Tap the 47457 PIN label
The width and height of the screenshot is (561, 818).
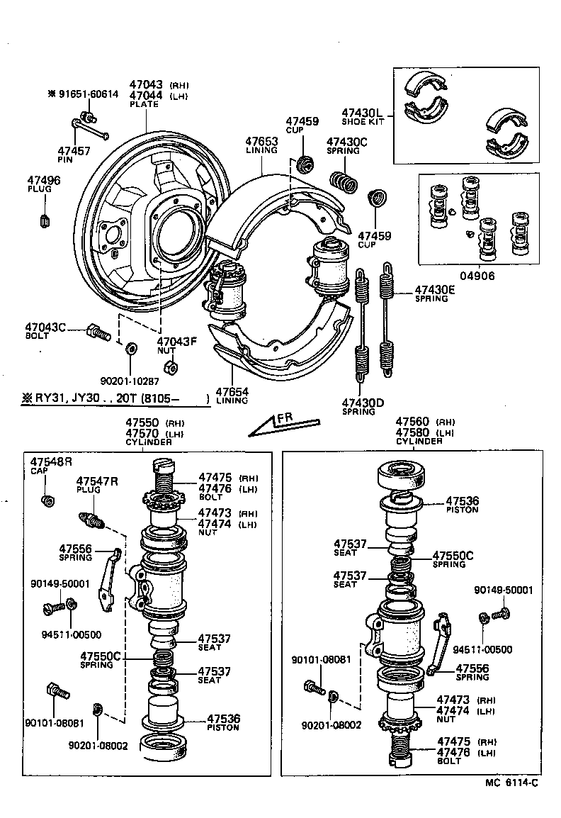coord(74,155)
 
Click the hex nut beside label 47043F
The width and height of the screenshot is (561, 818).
coord(170,367)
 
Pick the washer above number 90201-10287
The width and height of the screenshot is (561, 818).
coord(130,349)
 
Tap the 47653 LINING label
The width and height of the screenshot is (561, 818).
coord(261,145)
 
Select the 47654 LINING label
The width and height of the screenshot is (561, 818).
coord(232,395)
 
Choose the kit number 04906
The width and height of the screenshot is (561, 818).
coord(479,276)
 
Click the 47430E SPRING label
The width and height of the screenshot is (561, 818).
coord(435,293)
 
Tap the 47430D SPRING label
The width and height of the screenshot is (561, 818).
coord(363,407)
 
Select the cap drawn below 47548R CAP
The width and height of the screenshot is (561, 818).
coord(48,500)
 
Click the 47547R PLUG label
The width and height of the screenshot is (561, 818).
coord(97,486)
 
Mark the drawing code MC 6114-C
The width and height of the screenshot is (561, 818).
coord(511,783)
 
